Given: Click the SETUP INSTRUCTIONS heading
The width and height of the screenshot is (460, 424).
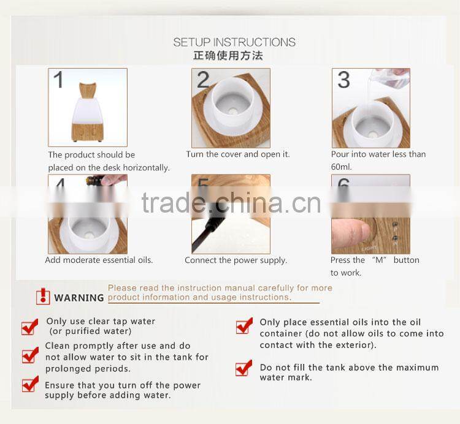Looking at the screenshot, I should pyautogui.click(x=234, y=42).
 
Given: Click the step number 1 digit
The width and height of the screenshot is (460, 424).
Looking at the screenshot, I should pyautogui.click(x=58, y=80).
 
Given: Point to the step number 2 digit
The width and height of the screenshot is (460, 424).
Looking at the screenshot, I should pyautogui.click(x=203, y=80).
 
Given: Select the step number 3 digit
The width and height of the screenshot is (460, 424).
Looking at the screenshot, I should pyautogui.click(x=343, y=80).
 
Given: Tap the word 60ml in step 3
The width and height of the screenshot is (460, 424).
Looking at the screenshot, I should pyautogui.click(x=342, y=167).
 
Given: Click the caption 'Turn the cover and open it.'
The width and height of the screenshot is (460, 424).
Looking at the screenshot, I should pyautogui.click(x=238, y=154).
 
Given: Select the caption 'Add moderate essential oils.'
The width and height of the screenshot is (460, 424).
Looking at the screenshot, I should pyautogui.click(x=99, y=260).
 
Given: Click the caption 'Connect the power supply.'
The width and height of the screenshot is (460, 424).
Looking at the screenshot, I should pyautogui.click(x=236, y=260).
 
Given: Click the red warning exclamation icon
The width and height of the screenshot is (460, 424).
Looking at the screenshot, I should pyautogui.click(x=43, y=297).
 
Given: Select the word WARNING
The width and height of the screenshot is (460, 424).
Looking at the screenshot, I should pyautogui.click(x=79, y=298).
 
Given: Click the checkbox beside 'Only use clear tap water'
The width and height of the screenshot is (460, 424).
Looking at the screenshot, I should pyautogui.click(x=29, y=327).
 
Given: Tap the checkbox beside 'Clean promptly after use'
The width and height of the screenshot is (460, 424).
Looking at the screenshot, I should pyautogui.click(x=29, y=355).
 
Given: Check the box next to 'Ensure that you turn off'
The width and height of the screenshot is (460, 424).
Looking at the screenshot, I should pyautogui.click(x=29, y=384).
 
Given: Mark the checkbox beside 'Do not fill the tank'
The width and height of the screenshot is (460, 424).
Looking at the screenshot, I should pyautogui.click(x=244, y=368).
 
